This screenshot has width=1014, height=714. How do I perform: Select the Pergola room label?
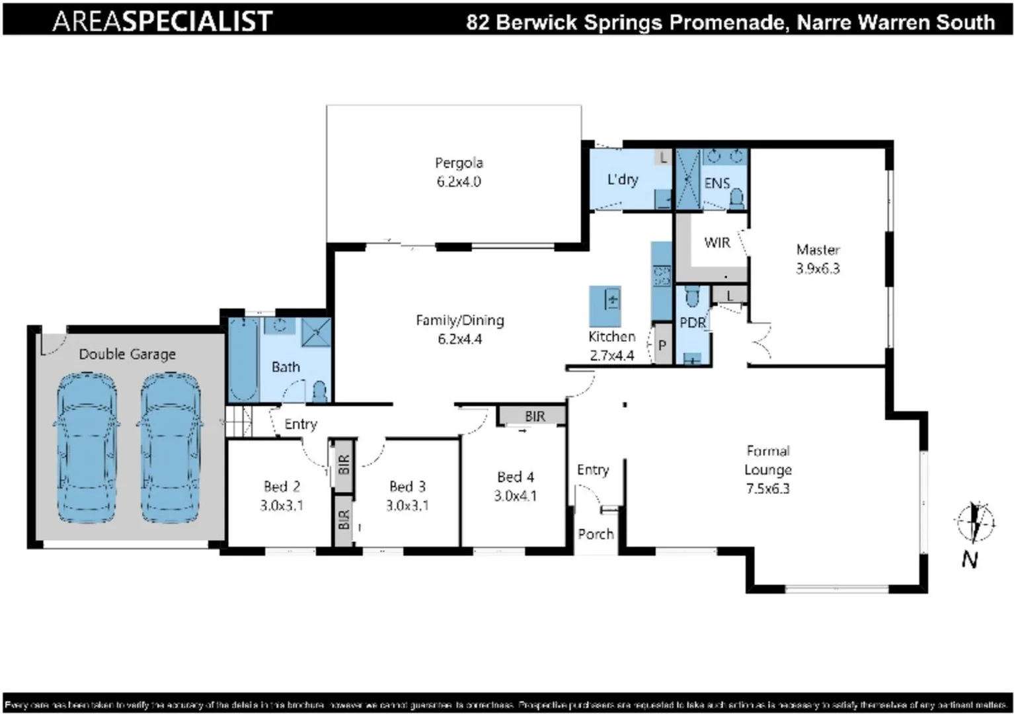pos(459,163)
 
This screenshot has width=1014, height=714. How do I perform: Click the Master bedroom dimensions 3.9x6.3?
pos(818,268)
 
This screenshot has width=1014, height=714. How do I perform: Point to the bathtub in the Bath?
pos(243,359)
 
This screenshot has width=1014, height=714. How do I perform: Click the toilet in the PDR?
pos(691,297)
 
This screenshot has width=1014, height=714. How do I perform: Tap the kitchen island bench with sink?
pos(605,305)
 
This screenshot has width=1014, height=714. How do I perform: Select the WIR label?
pos(717,243)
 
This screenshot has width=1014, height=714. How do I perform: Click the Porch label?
pos(596,534)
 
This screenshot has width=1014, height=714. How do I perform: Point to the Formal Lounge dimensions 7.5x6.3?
pos(767,489)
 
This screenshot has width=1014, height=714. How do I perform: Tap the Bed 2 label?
pos(282,487)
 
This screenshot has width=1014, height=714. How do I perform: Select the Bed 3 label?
pos(407,487)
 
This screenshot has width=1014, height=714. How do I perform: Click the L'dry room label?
pos(623,179)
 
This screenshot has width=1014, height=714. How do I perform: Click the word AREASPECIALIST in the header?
pos(163,21)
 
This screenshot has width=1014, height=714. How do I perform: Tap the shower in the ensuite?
pos(687,179)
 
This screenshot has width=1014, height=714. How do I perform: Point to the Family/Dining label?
pos(459,321)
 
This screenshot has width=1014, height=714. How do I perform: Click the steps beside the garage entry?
pos(239,422)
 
